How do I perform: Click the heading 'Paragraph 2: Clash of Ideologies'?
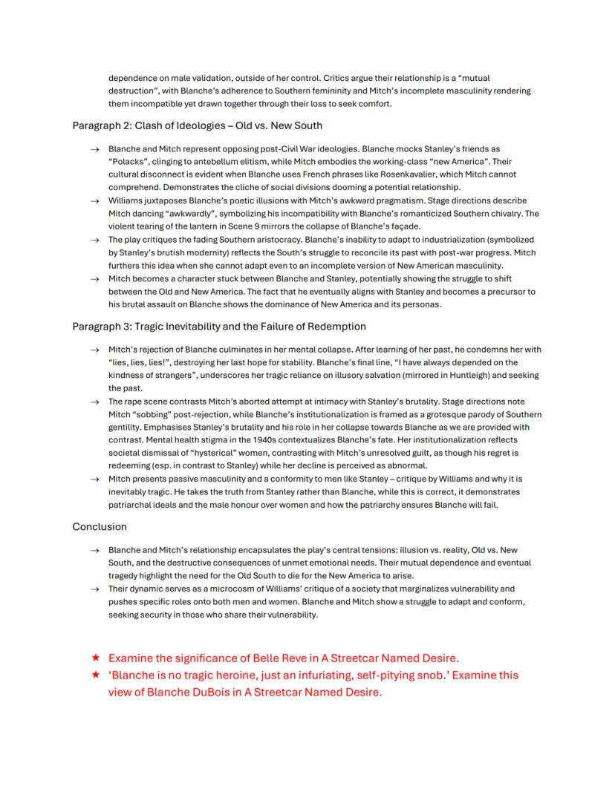(x=197, y=125)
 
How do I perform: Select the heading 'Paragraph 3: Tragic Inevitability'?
(x=219, y=326)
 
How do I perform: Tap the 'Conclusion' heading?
(x=100, y=526)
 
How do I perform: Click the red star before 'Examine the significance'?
(x=94, y=658)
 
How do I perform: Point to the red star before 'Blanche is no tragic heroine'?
(x=94, y=675)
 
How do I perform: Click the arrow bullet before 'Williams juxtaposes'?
(x=94, y=201)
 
